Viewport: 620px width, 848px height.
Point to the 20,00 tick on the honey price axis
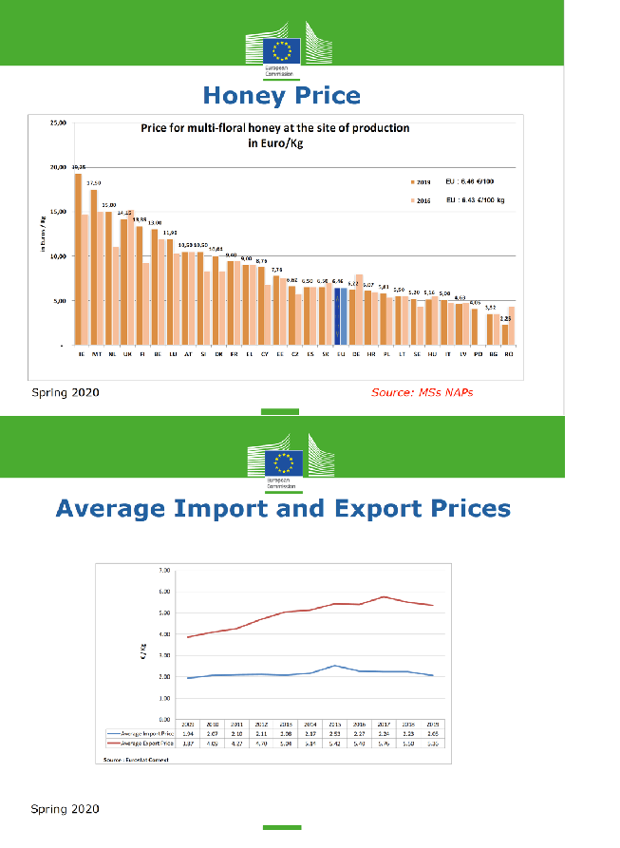click(x=58, y=167)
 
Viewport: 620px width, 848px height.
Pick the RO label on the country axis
click(x=509, y=353)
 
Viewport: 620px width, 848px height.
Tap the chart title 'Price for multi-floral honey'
click(x=274, y=127)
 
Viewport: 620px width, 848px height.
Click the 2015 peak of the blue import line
click(x=335, y=666)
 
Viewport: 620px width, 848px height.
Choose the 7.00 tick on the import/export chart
click(x=163, y=571)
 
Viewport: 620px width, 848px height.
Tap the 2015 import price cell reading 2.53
click(x=335, y=734)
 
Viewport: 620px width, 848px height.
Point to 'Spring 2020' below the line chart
click(x=65, y=809)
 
